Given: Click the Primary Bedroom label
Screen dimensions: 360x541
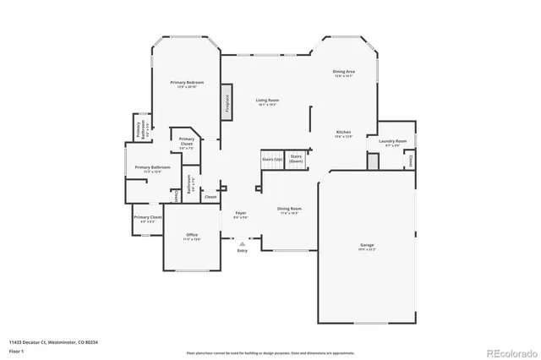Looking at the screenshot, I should tap(188, 83).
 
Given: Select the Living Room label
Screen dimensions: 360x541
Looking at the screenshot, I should tap(268, 101).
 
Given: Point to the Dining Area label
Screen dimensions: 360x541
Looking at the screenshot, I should tap(343, 73).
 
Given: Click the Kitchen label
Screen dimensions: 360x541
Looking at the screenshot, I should tap(343, 133).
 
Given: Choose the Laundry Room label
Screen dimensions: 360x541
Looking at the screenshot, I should tap(392, 141).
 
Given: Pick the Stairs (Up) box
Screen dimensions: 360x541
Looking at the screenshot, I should tap(271, 160).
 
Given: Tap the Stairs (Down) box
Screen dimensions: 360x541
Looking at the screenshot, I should tap(297, 158).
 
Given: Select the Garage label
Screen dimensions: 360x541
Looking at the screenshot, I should tap(367, 246).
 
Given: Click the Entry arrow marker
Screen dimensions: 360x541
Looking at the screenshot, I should tap(243, 243).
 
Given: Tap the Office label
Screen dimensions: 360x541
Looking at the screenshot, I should tap(192, 236).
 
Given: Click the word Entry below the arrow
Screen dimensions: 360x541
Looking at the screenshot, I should tap(243, 251).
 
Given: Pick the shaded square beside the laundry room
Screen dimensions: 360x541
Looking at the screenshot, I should tap(372, 160).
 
